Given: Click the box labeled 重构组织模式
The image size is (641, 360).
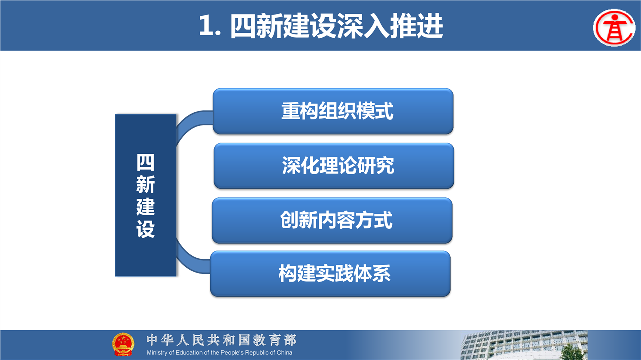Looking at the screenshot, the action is coord(333,111).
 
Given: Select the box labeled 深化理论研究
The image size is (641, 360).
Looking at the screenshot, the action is coord(334,166).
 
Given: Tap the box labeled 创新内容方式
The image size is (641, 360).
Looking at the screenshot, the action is coord(332,220).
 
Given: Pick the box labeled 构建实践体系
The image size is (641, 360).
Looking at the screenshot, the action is coord(331,274).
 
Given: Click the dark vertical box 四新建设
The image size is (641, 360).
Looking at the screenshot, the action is coord(145,195).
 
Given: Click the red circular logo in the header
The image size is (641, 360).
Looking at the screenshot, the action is coord(614,27).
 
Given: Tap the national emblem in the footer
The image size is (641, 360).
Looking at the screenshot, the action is coord(123,344).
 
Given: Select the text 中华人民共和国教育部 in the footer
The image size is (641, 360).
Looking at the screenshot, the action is coord(221,340).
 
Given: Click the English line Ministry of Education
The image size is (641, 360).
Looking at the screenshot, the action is coord(219,353).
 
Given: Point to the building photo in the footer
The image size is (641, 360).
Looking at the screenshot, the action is coord(524,345).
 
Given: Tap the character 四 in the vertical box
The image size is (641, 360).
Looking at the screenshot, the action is coord(145,162).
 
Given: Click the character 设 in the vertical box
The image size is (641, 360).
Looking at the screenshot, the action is coord(145,229).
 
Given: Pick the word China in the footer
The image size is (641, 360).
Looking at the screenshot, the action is coord(284,353).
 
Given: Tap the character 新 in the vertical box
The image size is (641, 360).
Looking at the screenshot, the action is coord(145,184).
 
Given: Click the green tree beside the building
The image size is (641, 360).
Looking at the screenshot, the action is coord(572,352).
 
